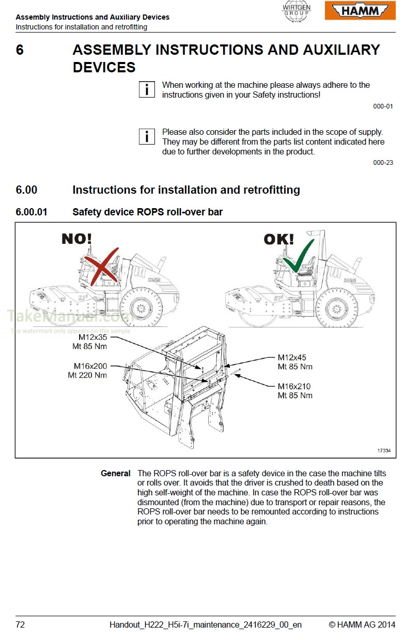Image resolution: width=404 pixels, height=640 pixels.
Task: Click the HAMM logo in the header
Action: point(360,10)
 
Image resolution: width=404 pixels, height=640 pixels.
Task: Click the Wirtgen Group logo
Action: point(297,11)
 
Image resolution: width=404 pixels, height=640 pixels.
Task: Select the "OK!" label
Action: point(278,239)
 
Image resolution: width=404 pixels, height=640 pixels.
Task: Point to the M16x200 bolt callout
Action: point(90,366)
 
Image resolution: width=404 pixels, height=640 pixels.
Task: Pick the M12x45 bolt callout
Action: point(292,357)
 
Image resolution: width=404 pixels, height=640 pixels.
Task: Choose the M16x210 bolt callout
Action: point(294,386)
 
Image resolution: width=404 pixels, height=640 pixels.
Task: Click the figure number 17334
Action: point(383,450)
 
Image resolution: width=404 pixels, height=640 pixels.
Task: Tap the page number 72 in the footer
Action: point(20,625)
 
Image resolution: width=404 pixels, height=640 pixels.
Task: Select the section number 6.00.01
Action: point(31,212)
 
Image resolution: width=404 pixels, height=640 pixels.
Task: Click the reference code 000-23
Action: point(383,162)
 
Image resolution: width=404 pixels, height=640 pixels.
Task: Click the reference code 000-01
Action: point(383,106)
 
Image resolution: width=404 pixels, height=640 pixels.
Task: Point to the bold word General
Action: point(115,474)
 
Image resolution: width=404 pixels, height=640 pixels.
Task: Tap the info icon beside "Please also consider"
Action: point(147,137)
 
